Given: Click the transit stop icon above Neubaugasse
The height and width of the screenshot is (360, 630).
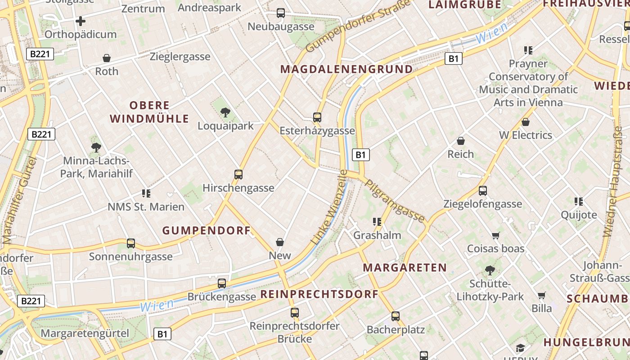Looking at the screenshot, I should tap(281, 13).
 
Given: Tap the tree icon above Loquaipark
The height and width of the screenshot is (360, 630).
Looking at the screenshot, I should tap(225, 112).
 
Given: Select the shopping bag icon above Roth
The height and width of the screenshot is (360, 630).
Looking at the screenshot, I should tap(107, 58).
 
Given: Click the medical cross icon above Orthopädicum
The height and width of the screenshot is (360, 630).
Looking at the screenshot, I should tap(81, 21).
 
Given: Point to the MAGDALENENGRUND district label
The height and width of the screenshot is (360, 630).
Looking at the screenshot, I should tap(346, 69).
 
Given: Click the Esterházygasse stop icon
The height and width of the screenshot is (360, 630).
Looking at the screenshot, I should tap(317, 117).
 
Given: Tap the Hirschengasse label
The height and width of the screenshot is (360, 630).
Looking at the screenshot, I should tap(238, 188).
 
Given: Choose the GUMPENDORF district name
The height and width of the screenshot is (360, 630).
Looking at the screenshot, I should tap(207, 231).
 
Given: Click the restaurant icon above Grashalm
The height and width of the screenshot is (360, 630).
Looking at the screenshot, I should tap(377, 221).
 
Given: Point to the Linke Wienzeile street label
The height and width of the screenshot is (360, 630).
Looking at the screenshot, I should tap(329, 207).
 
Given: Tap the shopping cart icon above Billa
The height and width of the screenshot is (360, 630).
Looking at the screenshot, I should tap(542, 295).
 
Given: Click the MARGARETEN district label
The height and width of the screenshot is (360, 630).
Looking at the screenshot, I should tap(405, 268).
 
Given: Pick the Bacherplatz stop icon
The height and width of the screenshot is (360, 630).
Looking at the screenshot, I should tap(396, 316).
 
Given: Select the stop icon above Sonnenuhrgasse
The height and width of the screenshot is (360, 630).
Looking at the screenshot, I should tap(131, 243).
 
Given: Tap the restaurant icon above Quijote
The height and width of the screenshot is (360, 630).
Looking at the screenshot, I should tap(579, 201).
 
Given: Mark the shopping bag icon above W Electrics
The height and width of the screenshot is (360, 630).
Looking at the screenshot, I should tap(526, 122).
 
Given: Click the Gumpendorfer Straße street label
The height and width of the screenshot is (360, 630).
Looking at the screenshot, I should tap(358, 26).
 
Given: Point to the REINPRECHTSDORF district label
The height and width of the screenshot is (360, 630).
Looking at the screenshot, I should tap(319, 295).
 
